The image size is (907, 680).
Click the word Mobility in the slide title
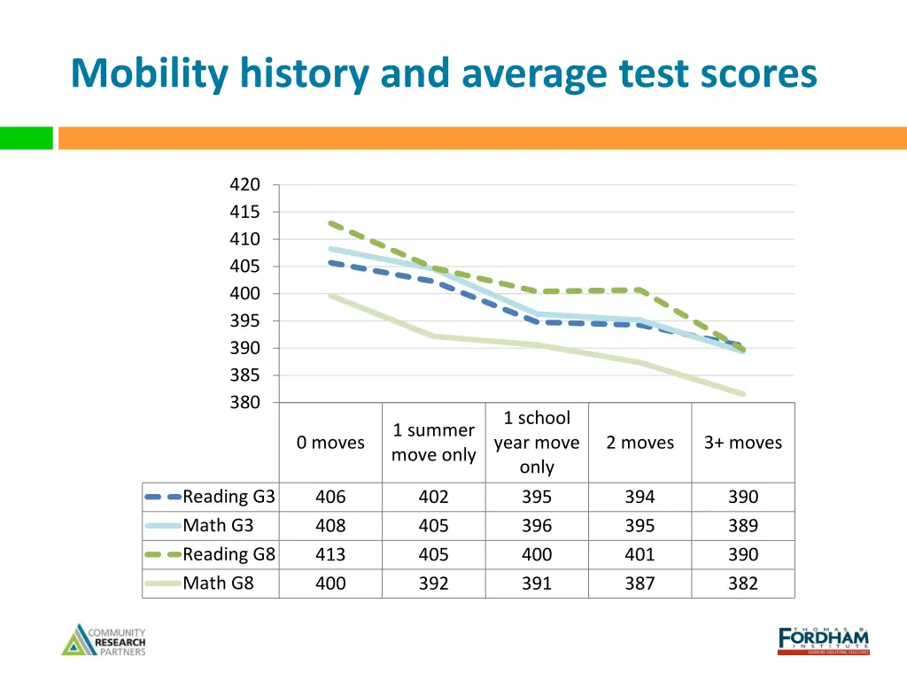click(x=144, y=73)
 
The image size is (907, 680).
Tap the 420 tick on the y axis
click(x=244, y=185)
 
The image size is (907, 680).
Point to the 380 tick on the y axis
click(x=244, y=402)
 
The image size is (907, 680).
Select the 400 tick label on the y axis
click(x=244, y=293)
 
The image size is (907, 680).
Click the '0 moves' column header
click(x=330, y=443)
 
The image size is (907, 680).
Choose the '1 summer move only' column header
click(x=433, y=443)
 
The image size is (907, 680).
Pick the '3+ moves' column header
click(x=742, y=443)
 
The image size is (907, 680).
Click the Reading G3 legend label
click(x=229, y=497)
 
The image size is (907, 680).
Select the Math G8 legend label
click(x=218, y=583)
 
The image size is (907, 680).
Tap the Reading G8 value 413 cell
click(x=330, y=554)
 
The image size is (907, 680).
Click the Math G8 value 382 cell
click(x=742, y=583)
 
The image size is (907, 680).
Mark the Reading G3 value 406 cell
click(x=330, y=497)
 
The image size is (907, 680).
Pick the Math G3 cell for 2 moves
click(x=640, y=526)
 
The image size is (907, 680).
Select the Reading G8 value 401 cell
click(x=640, y=554)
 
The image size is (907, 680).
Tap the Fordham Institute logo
click(x=823, y=640)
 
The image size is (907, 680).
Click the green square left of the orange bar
click(x=27, y=138)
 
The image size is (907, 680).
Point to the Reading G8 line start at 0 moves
click(x=330, y=223)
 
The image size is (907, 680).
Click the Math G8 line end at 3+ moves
click(x=742, y=394)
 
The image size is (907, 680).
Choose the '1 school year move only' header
click(x=537, y=443)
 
